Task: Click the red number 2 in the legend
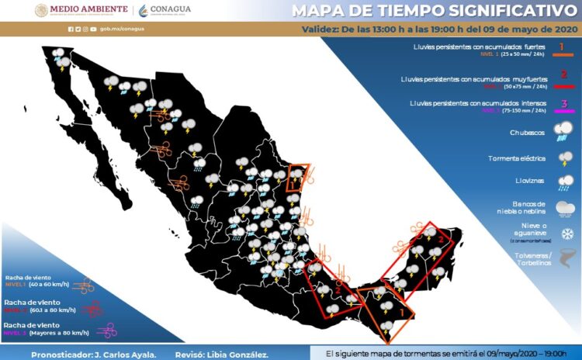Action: point(563,75)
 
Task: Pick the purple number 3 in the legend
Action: point(564,104)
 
